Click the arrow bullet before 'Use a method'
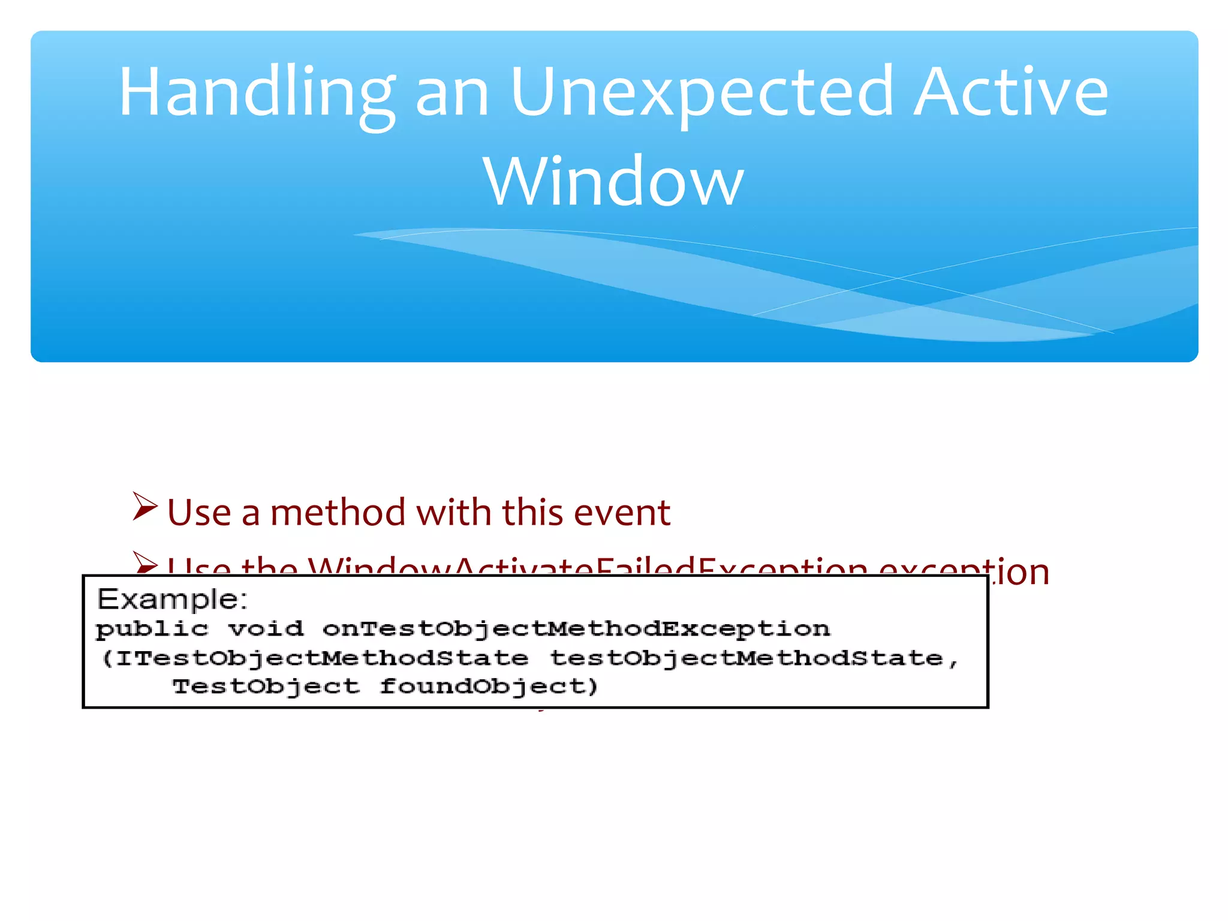click(x=145, y=507)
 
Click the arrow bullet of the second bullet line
click(x=145, y=563)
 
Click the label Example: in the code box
click(x=172, y=600)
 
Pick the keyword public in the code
click(x=152, y=630)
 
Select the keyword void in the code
click(x=266, y=629)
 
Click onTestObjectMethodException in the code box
click(x=576, y=630)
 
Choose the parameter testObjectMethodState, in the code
click(x=754, y=658)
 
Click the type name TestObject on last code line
click(x=266, y=686)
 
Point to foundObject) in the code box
click(x=489, y=687)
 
